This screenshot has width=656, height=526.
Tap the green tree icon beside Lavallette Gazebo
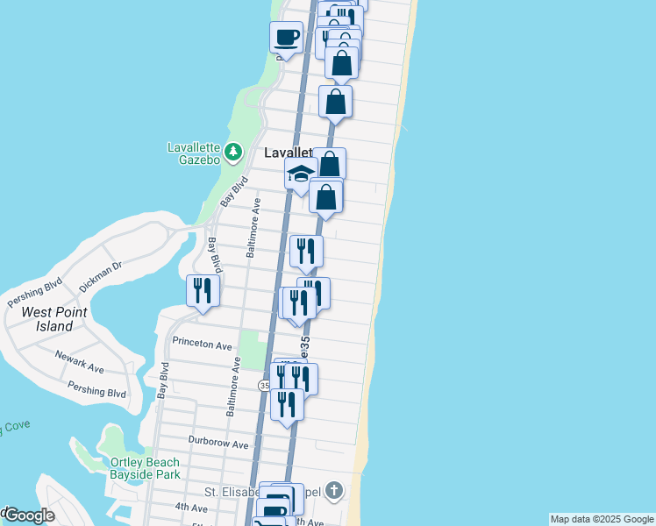[x=232, y=153]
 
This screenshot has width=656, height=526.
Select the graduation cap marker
[x=300, y=174]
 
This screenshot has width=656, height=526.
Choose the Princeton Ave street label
[x=202, y=343]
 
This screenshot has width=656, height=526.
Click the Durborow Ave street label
[x=218, y=443]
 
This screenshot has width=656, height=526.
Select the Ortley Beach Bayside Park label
[x=145, y=468]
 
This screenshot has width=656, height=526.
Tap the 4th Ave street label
[x=190, y=507]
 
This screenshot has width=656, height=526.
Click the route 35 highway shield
[x=264, y=386]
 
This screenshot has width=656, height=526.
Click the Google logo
[x=28, y=515]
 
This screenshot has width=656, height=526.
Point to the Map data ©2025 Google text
[x=602, y=519]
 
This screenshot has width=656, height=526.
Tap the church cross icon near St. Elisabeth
[x=333, y=490]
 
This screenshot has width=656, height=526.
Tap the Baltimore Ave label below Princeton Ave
[x=233, y=386]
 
